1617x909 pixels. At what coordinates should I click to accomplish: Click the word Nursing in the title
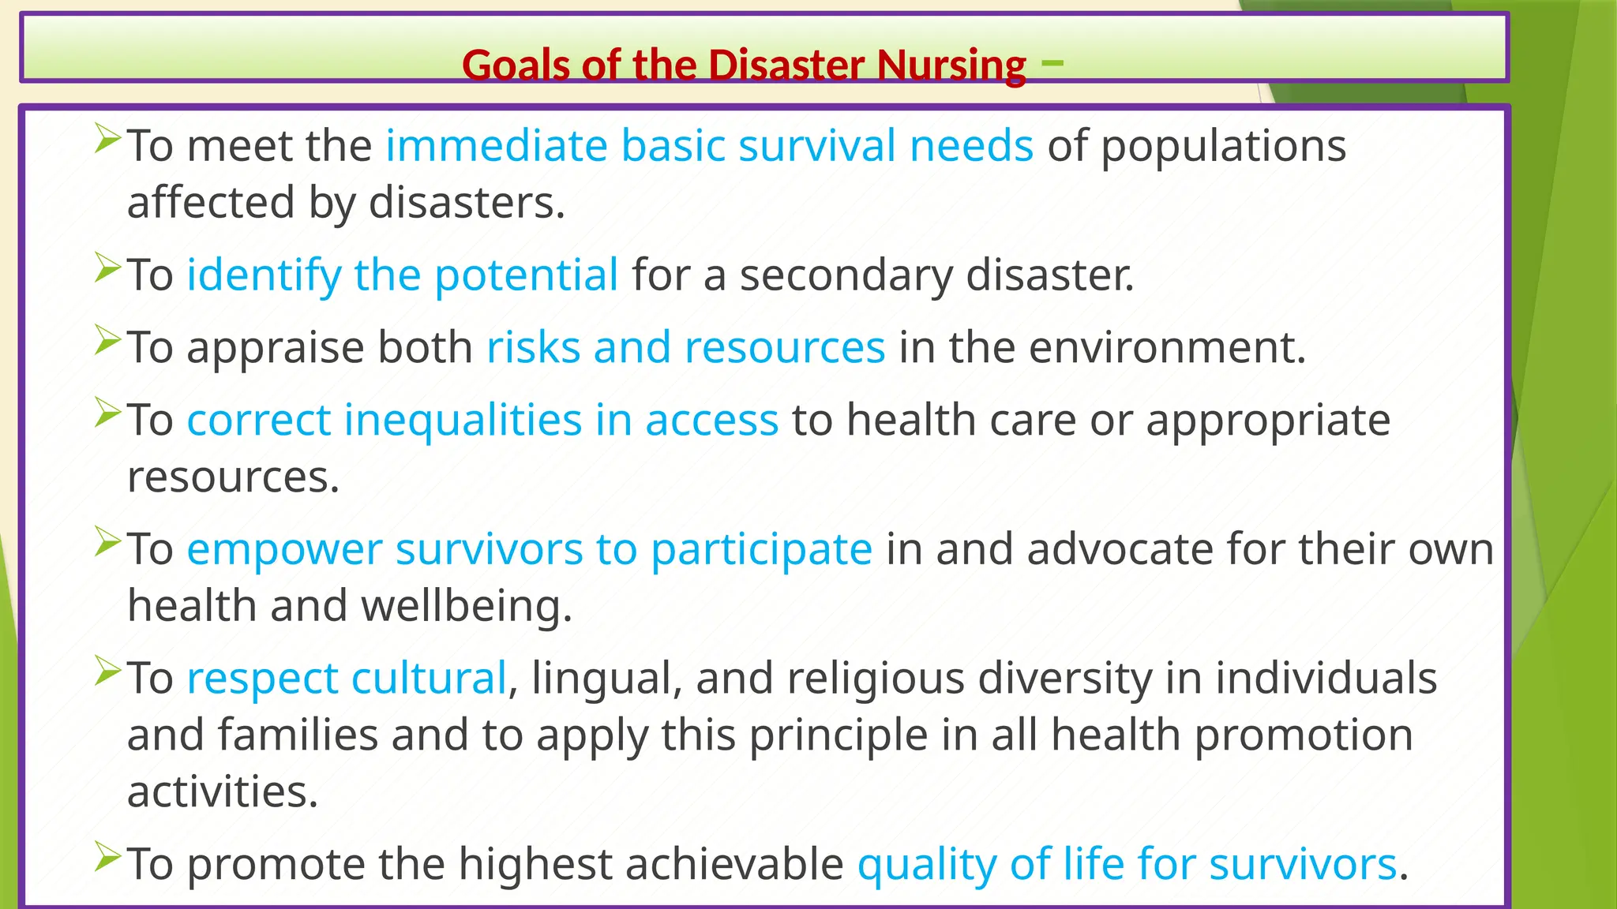pos(951,65)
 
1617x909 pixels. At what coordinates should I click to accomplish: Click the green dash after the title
pos(1052,60)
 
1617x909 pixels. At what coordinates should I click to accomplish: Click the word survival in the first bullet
pos(817,146)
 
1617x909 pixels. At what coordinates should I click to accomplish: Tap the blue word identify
pos(264,276)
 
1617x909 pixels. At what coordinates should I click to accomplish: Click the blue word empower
pos(284,550)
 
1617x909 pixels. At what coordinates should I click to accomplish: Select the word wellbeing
pos(466,606)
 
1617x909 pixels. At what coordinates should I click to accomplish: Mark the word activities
pos(222,791)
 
